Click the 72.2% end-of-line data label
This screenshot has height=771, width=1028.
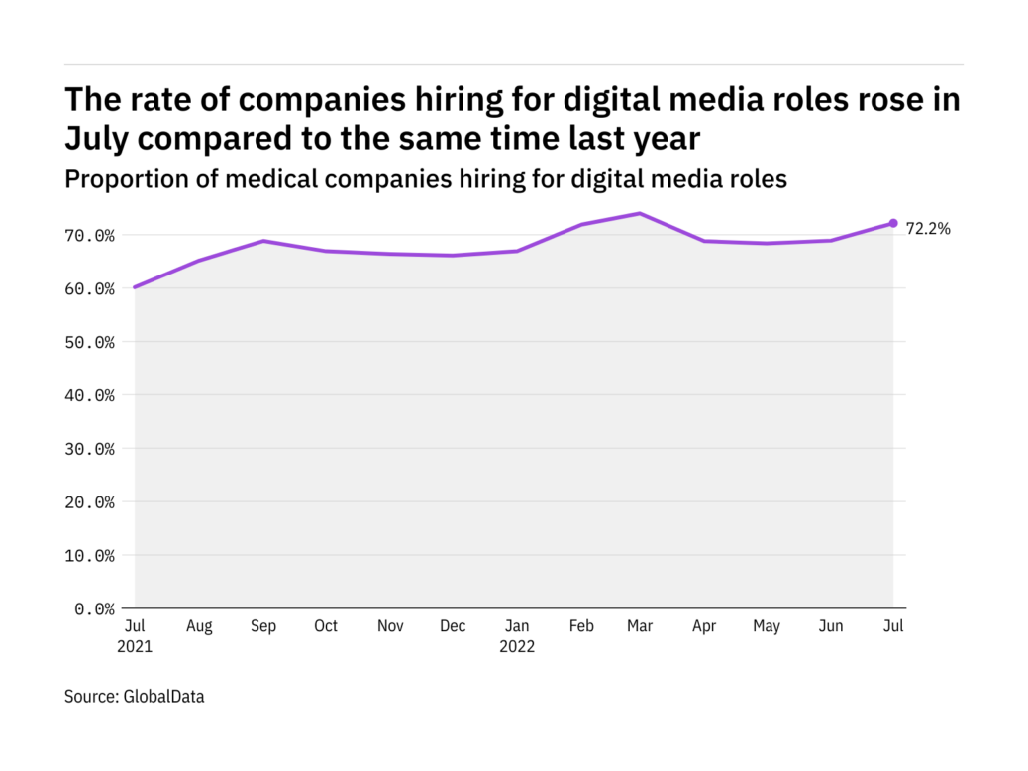[929, 229]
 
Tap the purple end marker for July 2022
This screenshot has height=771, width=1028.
[893, 223]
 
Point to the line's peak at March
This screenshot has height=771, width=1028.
[640, 213]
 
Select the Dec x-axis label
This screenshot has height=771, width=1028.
[453, 626]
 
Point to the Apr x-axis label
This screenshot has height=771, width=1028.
[703, 626]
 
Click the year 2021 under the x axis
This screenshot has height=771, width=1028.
[135, 647]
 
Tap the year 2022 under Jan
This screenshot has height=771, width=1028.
[516, 647]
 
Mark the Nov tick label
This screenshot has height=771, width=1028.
[389, 626]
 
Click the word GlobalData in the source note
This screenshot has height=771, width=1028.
[163, 697]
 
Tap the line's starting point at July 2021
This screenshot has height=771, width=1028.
[135, 287]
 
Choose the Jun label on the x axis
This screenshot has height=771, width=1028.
[830, 626]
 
